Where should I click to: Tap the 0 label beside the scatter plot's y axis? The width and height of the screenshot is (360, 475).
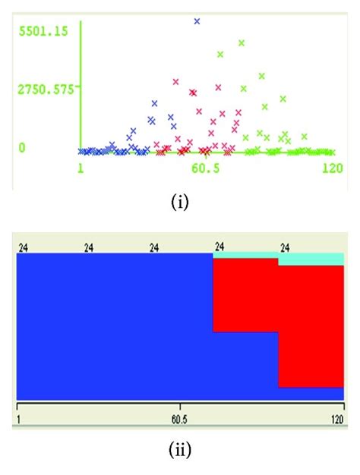pyautogui.click(x=23, y=146)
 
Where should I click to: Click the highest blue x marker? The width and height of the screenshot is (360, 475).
pyautogui.click(x=197, y=22)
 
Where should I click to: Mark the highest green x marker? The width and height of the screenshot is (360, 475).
pyautogui.click(x=242, y=43)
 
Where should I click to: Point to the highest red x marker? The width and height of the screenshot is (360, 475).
pyautogui.click(x=175, y=81)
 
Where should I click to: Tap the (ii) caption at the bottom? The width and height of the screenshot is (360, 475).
pyautogui.click(x=180, y=450)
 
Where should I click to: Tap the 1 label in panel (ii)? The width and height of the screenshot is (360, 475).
pyautogui.click(x=18, y=418)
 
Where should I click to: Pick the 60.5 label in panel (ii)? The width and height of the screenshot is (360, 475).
pyautogui.click(x=180, y=418)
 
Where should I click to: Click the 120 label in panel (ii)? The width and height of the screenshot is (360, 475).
pyautogui.click(x=335, y=418)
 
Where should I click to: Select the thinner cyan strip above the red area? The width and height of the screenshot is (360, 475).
pyautogui.click(x=245, y=256)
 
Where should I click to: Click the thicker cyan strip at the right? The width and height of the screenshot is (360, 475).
pyautogui.click(x=311, y=260)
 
